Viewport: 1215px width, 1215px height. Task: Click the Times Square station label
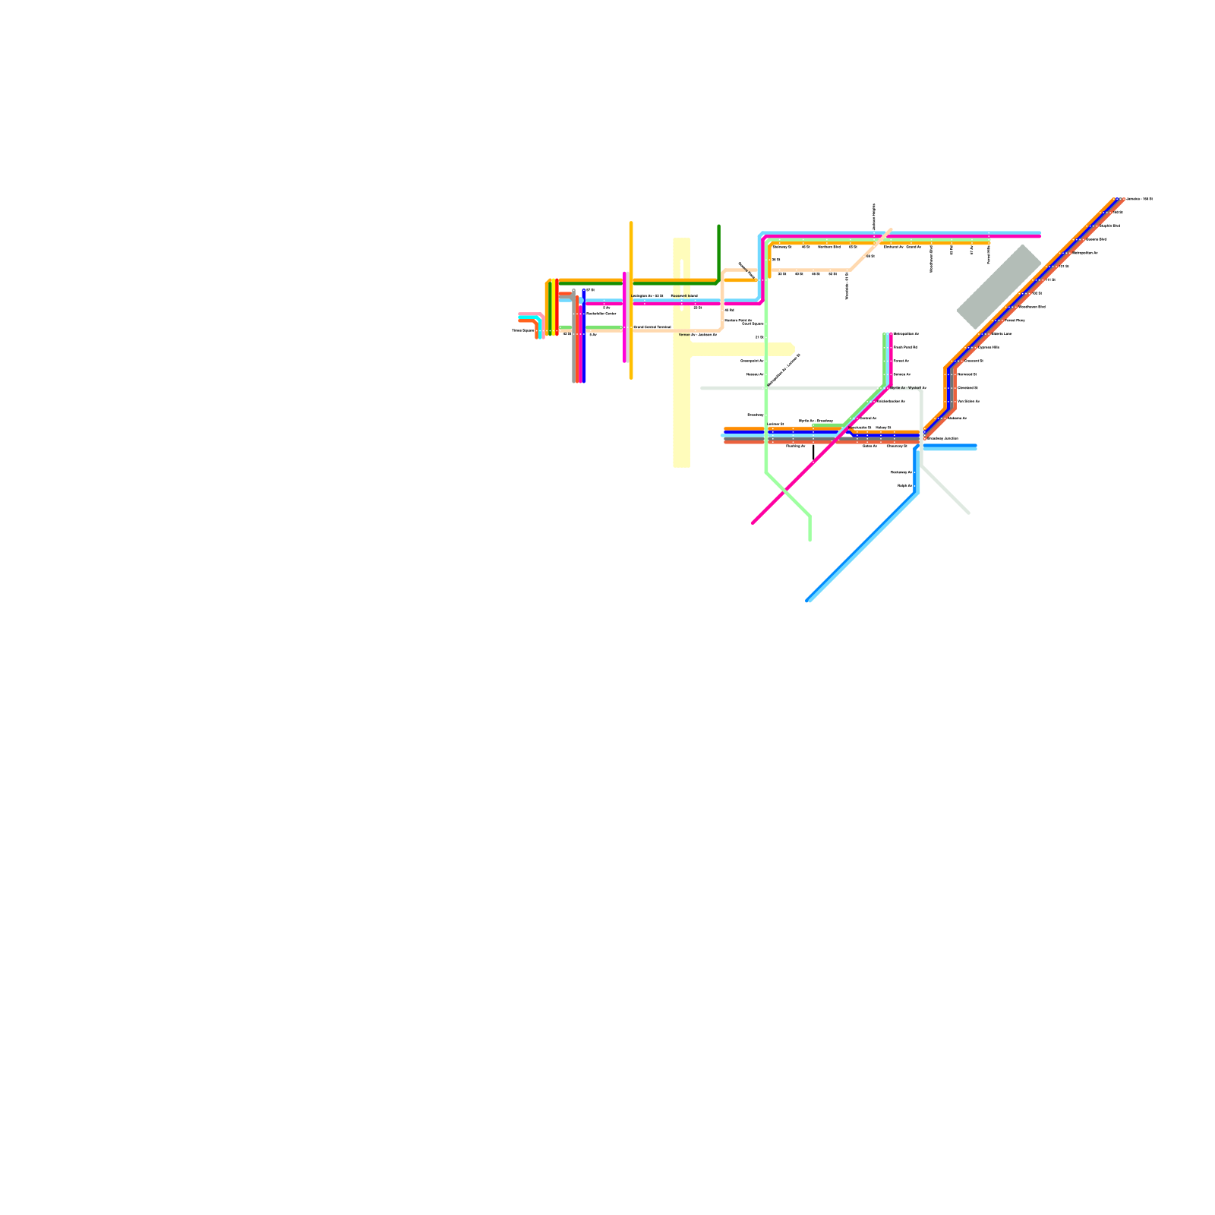pyautogui.click(x=523, y=330)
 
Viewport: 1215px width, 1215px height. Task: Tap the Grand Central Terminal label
pyautogui.click(x=652, y=327)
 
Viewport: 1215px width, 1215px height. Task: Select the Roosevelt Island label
pyautogui.click(x=684, y=295)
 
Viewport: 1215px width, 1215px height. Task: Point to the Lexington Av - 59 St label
pyautogui.click(x=648, y=295)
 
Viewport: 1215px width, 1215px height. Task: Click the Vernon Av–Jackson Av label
pyautogui.click(x=697, y=334)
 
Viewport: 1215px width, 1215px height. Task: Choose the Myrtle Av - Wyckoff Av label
pyautogui.click(x=907, y=387)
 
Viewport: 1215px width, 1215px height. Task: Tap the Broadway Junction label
pyautogui.click(x=942, y=438)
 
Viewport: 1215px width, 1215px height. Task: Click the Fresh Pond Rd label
pyautogui.click(x=904, y=347)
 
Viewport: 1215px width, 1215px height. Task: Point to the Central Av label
pyautogui.click(x=868, y=418)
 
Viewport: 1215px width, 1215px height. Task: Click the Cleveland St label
pyautogui.click(x=967, y=387)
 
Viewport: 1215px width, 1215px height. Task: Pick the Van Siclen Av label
pyautogui.click(x=968, y=401)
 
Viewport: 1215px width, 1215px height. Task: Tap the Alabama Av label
pyautogui.click(x=957, y=418)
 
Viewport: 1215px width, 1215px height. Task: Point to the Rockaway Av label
pyautogui.click(x=901, y=472)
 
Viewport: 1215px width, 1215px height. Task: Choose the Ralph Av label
pyautogui.click(x=904, y=485)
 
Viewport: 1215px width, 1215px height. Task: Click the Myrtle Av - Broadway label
pyautogui.click(x=816, y=421)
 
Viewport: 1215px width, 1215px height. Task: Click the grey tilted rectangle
pyautogui.click(x=999, y=287)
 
